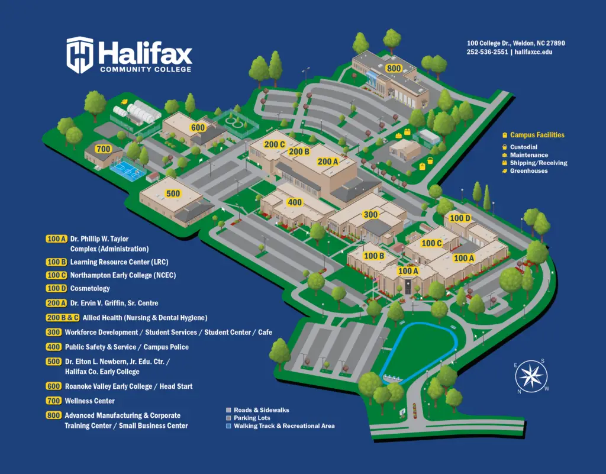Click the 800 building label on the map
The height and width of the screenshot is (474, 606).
point(394,69)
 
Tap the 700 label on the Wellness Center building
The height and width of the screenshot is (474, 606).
point(103,149)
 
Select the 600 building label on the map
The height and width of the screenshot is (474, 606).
point(198,128)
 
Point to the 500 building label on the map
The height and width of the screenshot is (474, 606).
point(173,194)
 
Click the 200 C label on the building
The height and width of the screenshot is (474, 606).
point(275,144)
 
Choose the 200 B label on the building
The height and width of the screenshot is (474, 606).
point(299,151)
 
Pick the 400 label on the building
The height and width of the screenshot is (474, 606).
point(294,202)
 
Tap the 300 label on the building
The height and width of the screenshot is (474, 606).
point(370,215)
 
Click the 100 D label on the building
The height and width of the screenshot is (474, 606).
point(460,218)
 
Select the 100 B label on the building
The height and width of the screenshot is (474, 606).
point(374,256)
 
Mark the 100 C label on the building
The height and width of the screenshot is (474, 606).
point(431,243)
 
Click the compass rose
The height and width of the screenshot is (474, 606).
point(531,376)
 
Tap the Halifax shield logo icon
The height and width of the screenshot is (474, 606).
point(80,54)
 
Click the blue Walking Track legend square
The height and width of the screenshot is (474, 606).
point(228,426)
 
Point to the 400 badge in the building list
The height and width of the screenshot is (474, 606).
point(53,347)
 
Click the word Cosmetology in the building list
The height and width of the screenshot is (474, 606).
point(90,289)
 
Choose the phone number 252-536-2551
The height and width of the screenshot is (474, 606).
point(487,52)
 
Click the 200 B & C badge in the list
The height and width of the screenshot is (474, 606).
point(62,318)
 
